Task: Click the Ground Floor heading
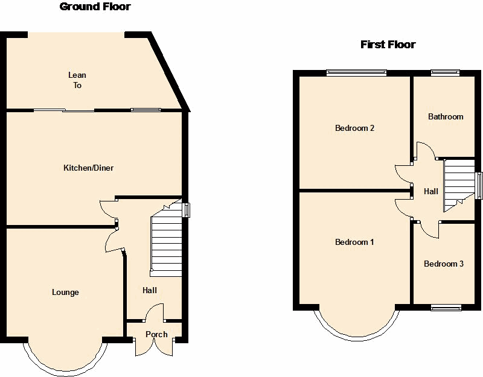pyautogui.click(x=95, y=7)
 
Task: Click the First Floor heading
pyautogui.click(x=388, y=45)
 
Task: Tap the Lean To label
pyautogui.click(x=77, y=80)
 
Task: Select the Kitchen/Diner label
pyautogui.click(x=88, y=168)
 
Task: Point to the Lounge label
pyautogui.click(x=65, y=293)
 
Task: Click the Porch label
pyautogui.click(x=156, y=334)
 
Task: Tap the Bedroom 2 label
pyautogui.click(x=354, y=128)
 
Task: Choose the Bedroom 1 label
pyautogui.click(x=354, y=242)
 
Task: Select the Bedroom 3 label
pyautogui.click(x=444, y=264)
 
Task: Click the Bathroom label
pyautogui.click(x=446, y=116)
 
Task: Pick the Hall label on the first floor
pyautogui.click(x=431, y=191)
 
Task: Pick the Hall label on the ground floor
pyautogui.click(x=150, y=290)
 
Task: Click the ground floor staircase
pyautogui.click(x=167, y=238)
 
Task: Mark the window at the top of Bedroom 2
pyautogui.click(x=356, y=73)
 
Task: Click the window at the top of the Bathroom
pyautogui.click(x=445, y=73)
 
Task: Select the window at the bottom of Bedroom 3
pyautogui.click(x=446, y=308)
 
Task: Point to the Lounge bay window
pyautogui.click(x=65, y=370)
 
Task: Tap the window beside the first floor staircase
pyautogui.click(x=479, y=186)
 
